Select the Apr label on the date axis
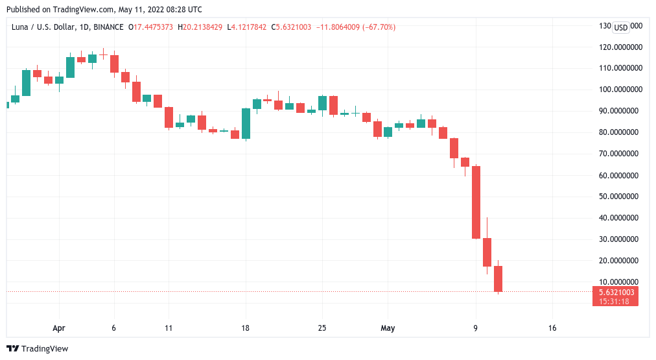pos(59,328)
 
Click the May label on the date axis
pos(388,328)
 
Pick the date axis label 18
pos(245,328)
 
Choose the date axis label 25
pos(322,328)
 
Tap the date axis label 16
pos(552,328)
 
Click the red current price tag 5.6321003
pos(615,292)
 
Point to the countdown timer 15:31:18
pos(615,301)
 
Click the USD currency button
pos(621,27)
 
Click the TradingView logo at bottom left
pos(37,348)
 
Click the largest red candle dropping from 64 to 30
pos(476,202)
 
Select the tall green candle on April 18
pos(246,123)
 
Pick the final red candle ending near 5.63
pos(498,279)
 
